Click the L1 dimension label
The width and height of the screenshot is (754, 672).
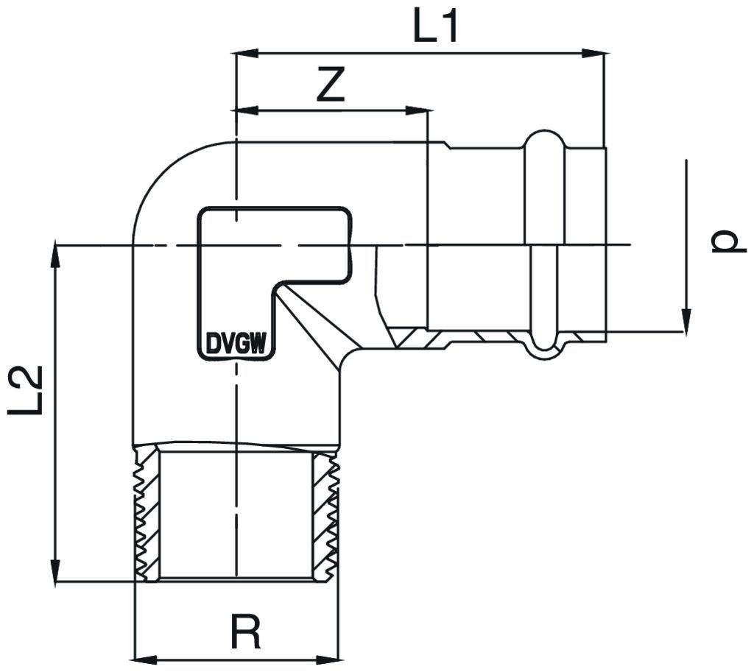pos(436,26)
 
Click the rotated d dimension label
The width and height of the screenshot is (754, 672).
pos(725,242)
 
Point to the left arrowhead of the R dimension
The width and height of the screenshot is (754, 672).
pos(143,657)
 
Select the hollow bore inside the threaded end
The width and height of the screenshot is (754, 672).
pos(236,514)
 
